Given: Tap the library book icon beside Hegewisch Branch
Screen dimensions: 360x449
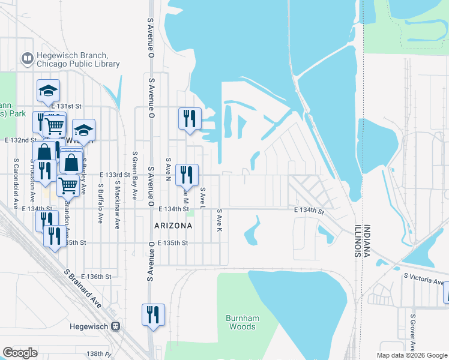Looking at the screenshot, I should tap(27, 59).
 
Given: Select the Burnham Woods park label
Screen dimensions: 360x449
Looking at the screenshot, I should tap(241, 322).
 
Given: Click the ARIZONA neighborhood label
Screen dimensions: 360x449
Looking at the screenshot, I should tap(173, 226).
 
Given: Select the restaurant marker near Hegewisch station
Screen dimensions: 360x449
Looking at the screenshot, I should tap(153, 314).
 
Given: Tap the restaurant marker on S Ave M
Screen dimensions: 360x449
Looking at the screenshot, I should tap(187, 175).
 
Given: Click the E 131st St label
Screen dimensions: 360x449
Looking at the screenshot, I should tap(66, 106).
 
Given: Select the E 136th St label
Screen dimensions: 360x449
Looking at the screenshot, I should tap(98, 277).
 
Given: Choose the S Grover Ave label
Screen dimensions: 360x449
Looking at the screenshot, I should tap(413, 332).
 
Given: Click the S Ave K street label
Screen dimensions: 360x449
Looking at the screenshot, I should tap(220, 221).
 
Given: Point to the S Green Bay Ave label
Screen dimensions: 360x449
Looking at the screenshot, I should tap(134, 175).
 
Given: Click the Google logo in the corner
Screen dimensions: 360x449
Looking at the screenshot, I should tap(20, 353).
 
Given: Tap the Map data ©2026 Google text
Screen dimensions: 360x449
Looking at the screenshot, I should tap(412, 355).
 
